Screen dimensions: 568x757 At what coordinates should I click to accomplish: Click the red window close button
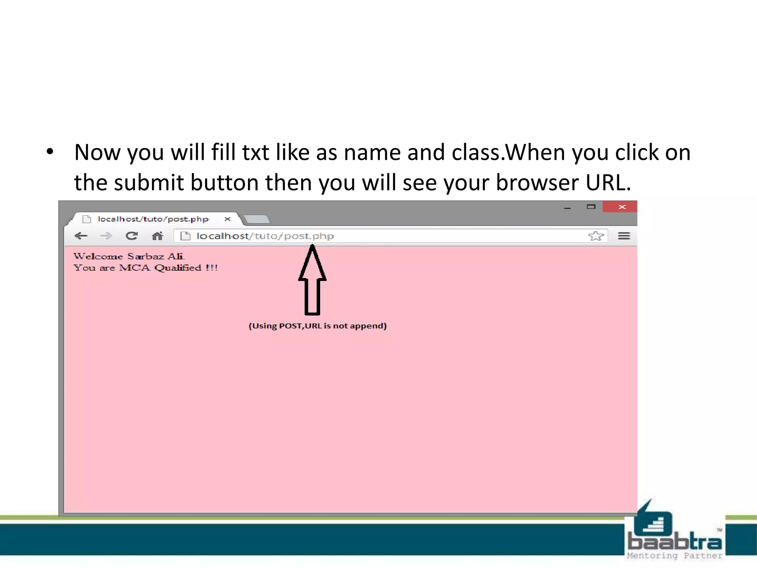[622, 207]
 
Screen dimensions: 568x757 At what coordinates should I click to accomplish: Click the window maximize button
[591, 207]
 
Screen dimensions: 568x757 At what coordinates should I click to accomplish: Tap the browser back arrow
[81, 236]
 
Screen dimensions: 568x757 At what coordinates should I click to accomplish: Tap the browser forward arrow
[106, 236]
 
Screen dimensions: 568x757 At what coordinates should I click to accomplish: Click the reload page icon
[132, 236]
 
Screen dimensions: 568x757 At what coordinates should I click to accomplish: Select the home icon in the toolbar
[157, 236]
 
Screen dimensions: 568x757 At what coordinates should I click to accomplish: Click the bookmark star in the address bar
[595, 236]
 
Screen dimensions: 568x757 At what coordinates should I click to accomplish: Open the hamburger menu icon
[624, 236]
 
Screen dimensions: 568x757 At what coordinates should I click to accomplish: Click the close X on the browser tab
[228, 219]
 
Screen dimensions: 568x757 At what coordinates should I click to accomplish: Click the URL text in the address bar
[265, 236]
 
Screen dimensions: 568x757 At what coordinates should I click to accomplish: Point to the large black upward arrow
[312, 281]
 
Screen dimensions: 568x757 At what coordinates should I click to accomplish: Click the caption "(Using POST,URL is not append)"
[318, 326]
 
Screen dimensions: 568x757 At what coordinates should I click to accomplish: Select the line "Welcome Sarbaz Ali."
[129, 256]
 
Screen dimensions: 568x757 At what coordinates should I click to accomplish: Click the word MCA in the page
[135, 268]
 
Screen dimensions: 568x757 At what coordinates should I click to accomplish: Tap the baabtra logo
[674, 532]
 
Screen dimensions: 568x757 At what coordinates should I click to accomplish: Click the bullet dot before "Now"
[50, 152]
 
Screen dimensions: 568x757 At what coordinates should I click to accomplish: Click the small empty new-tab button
[257, 219]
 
